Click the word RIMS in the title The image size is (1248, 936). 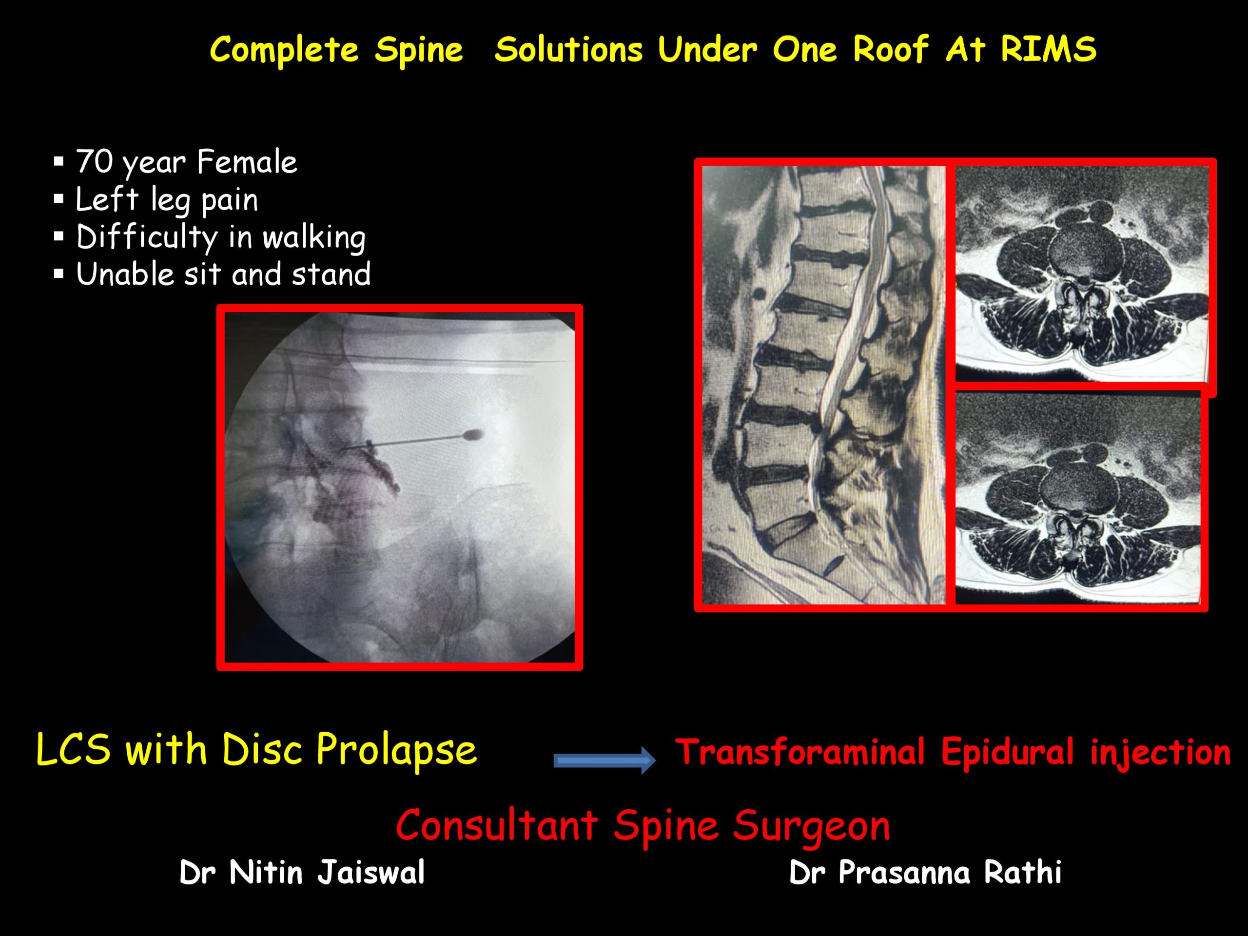(1049, 50)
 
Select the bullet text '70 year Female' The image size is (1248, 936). (187, 162)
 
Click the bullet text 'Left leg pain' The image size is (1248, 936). (167, 200)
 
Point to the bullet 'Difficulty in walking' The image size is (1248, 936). (221, 237)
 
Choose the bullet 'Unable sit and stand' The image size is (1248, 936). (223, 274)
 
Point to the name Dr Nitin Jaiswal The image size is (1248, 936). (302, 872)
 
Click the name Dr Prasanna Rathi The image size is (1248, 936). (925, 872)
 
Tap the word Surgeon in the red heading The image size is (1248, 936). (811, 826)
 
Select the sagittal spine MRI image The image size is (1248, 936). (824, 385)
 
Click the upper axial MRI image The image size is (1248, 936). (1082, 273)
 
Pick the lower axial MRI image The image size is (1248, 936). (1078, 498)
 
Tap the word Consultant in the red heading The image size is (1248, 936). (496, 825)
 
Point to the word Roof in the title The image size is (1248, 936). (891, 50)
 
